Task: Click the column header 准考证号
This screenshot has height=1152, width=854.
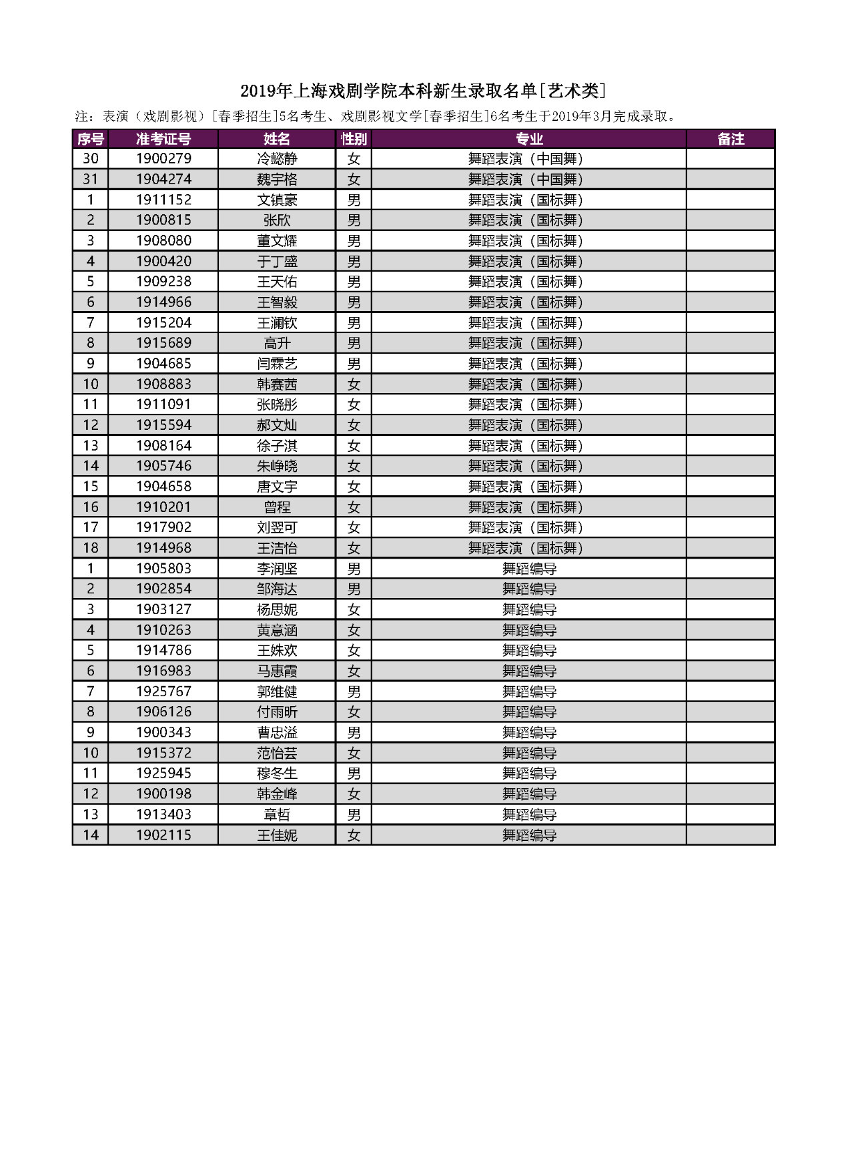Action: tap(163, 139)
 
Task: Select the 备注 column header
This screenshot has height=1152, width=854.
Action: tap(731, 139)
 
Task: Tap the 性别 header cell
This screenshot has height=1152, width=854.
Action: tap(354, 139)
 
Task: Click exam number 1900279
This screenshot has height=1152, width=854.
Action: tap(163, 159)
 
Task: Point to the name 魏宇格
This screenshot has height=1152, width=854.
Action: tap(277, 180)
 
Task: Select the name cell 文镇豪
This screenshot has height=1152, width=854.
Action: tap(277, 200)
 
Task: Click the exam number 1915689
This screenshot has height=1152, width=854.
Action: tap(163, 343)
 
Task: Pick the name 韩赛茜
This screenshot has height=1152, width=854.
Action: tap(277, 384)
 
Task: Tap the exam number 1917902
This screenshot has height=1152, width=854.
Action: tap(163, 527)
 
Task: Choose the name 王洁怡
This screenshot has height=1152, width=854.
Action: tap(277, 548)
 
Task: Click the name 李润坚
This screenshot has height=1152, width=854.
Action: tap(277, 569)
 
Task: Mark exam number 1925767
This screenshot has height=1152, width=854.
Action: tap(163, 691)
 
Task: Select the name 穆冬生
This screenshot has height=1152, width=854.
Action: tap(277, 774)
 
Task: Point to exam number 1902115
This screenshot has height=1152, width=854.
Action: tap(163, 835)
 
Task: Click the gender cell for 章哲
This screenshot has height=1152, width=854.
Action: tap(354, 814)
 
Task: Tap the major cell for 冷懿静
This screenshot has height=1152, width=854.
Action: tap(528, 159)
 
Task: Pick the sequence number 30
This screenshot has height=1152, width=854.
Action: tap(91, 159)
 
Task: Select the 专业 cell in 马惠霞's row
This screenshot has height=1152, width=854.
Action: tap(528, 671)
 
